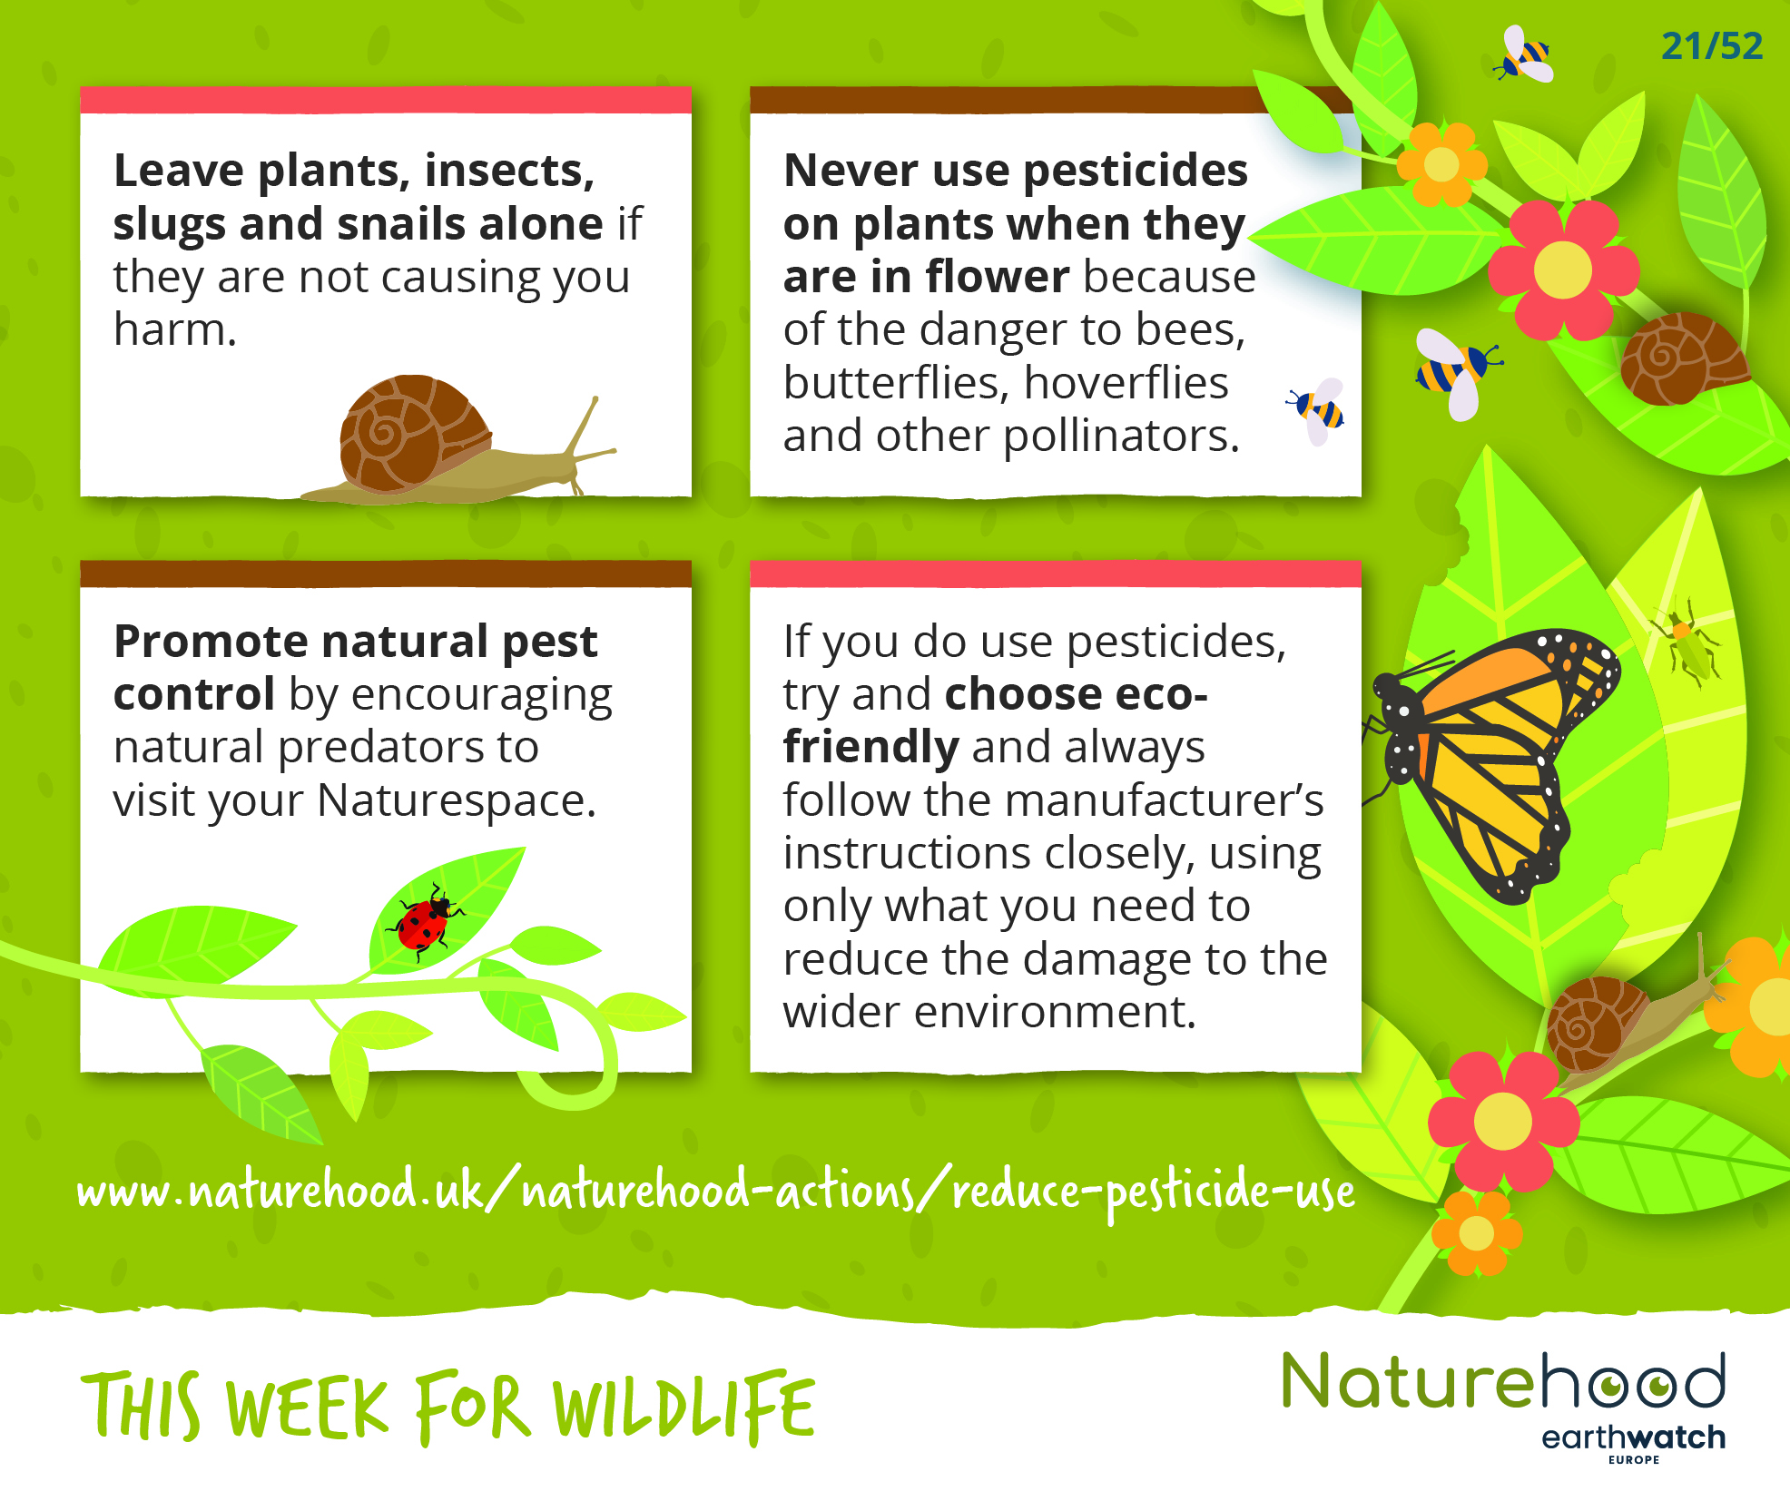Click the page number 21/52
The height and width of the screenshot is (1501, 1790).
pos(1712,45)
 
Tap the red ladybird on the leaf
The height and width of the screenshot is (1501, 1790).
pos(424,921)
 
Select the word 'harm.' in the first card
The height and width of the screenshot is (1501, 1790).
pos(175,329)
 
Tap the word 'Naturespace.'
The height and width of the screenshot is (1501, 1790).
pos(456,801)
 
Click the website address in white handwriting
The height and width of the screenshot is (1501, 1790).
pos(715,1191)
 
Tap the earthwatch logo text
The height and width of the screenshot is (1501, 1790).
pos(1633,1437)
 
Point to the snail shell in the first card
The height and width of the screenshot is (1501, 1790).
pos(414,433)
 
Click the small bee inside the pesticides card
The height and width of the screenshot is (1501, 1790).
pos(1317,411)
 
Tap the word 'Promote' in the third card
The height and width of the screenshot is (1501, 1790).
pos(210,642)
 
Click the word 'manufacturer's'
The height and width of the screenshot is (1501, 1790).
pos(1165,801)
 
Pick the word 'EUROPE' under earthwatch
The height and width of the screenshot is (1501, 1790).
pos(1634,1460)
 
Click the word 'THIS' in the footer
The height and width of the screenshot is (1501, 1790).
pos(141,1407)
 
